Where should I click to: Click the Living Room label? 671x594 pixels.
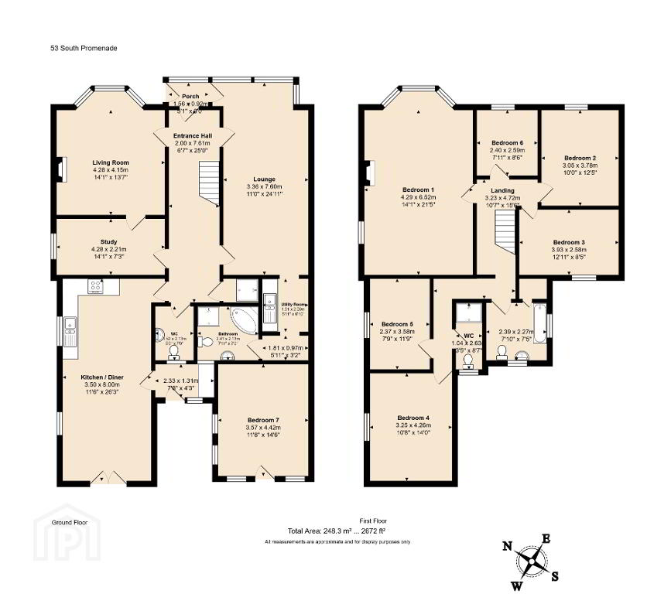[x=110, y=162]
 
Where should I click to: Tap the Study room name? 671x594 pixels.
[x=108, y=241]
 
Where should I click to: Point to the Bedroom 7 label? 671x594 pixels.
[x=262, y=418]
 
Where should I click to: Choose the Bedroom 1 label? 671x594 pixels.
[x=418, y=189]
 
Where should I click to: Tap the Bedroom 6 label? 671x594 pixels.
[x=507, y=142]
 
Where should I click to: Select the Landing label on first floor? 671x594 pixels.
[x=502, y=189]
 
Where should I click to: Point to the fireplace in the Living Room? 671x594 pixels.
[x=60, y=169]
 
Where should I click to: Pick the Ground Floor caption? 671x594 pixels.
[x=68, y=523]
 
